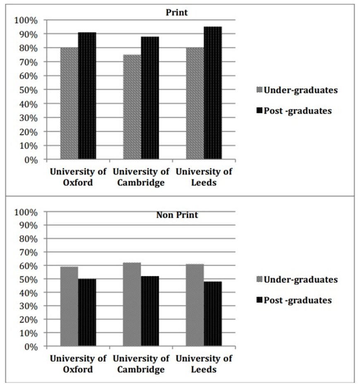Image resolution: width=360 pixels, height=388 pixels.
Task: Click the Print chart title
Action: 177,12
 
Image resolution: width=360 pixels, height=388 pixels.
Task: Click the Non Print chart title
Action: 177,215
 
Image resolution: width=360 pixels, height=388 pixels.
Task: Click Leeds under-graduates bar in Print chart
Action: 195,103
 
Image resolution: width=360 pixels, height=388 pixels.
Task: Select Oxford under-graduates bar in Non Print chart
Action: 69,306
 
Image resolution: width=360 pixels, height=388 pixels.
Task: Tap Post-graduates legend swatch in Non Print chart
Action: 260,300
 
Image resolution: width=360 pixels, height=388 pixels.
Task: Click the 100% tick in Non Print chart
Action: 26,212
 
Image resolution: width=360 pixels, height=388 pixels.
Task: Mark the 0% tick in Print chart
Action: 30,160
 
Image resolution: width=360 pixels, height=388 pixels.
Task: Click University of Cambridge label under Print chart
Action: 141,177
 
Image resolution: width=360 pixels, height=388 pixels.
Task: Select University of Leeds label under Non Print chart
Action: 204,364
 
